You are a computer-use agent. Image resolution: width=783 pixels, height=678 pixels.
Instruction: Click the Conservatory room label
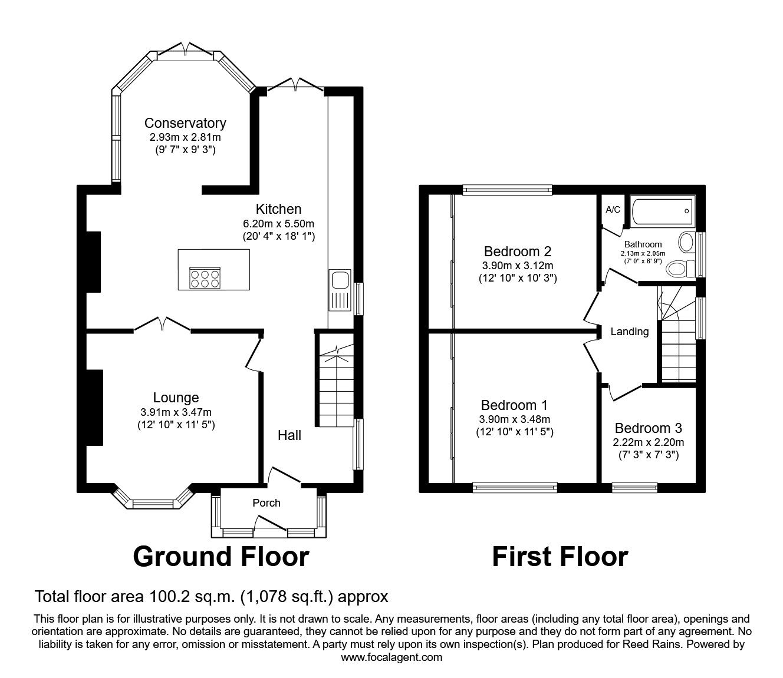(x=185, y=123)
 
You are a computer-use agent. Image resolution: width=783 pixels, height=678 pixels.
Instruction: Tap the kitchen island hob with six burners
(x=205, y=278)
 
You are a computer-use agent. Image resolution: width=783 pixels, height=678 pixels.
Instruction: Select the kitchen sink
(x=340, y=290)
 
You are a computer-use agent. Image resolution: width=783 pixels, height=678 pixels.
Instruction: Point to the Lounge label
(x=176, y=398)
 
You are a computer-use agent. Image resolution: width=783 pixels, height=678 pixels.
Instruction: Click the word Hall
(x=289, y=435)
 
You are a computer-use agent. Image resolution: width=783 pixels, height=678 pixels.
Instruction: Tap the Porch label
(x=267, y=502)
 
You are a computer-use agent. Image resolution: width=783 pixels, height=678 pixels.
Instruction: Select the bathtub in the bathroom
(x=663, y=211)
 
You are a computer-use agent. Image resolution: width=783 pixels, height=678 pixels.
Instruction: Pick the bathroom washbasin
(x=686, y=242)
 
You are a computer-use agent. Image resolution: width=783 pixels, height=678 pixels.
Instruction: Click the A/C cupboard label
(x=613, y=209)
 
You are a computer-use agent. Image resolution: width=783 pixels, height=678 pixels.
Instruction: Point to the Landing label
(x=630, y=332)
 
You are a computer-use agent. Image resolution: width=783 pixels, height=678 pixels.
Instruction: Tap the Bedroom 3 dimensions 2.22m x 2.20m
(x=649, y=442)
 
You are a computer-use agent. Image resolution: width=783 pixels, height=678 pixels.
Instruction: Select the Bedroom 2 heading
(x=518, y=252)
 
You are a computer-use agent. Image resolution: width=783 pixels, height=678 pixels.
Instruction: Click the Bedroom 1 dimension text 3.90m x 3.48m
(x=514, y=419)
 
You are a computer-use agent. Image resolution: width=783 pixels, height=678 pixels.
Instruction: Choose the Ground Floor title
(x=221, y=557)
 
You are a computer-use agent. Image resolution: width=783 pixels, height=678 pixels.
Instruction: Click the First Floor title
(x=560, y=557)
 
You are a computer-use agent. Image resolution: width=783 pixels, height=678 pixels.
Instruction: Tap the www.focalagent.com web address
(x=391, y=657)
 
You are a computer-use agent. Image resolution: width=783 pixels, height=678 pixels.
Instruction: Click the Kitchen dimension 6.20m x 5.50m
(x=278, y=224)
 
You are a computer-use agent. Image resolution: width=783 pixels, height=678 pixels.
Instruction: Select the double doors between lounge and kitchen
(x=162, y=324)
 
